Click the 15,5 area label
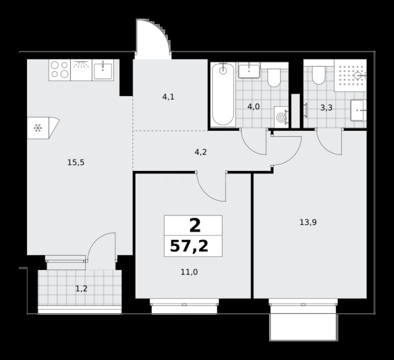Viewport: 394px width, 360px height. pos(76,163)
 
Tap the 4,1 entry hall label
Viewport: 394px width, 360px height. pos(168,97)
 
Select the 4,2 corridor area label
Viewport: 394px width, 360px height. pos(201,152)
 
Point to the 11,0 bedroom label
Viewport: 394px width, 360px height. pos(189,272)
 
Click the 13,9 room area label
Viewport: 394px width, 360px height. pos(308,222)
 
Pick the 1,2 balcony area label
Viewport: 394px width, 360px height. pos(82,289)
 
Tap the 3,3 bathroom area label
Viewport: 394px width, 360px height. pos(326,108)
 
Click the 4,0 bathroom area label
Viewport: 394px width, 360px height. pos(253,107)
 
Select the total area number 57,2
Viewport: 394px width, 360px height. pos(189,246)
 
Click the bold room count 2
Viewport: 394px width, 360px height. pos(195,225)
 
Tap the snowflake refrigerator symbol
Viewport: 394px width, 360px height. pos(38,128)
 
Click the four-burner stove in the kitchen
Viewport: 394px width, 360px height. pos(60,70)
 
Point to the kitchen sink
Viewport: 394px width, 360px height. pos(103,70)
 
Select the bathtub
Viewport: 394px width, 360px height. pos(223,94)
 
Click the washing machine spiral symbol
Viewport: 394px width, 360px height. pos(281,117)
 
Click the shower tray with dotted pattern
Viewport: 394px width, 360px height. pos(350,75)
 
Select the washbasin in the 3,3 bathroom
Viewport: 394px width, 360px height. pos(358,110)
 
